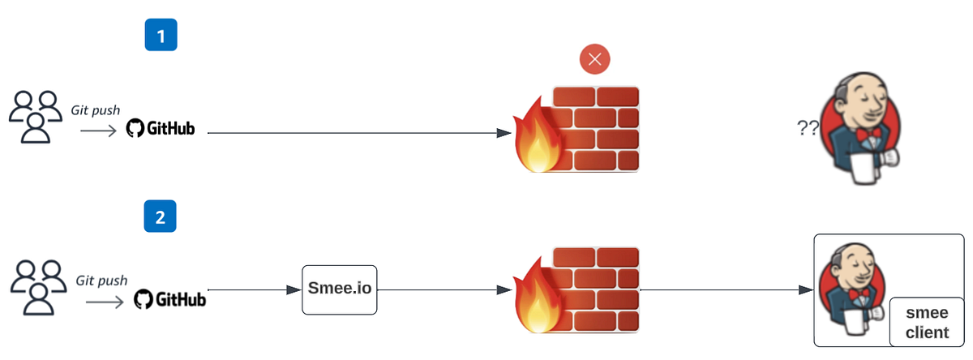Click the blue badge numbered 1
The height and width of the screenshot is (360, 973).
click(x=161, y=36)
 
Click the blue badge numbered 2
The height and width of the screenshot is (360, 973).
click(x=161, y=216)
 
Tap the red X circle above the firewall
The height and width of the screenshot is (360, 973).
click(x=594, y=59)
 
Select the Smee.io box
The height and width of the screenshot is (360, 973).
click(x=341, y=289)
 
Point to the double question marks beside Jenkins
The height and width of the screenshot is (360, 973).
click(x=808, y=127)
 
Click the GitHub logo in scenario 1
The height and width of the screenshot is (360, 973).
click(x=161, y=129)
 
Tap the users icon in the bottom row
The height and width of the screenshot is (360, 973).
click(x=36, y=288)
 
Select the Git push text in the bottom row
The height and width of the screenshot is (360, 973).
click(x=101, y=281)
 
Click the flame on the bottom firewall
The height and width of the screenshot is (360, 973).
click(x=536, y=298)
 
